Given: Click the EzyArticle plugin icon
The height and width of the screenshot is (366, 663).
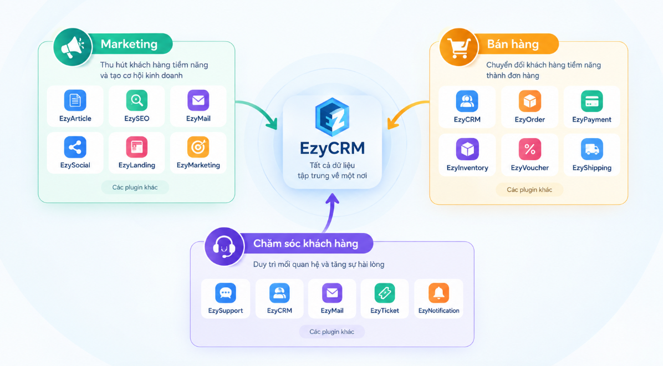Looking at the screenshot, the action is coord(75,100).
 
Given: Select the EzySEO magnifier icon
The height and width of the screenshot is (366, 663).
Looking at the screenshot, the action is coord(136,100).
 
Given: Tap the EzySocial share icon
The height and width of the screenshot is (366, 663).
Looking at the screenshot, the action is coord(75,147).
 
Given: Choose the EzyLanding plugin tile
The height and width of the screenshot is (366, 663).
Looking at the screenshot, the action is coord(136,152).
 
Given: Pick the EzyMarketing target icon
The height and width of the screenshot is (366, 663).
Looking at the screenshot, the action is coord(198,147).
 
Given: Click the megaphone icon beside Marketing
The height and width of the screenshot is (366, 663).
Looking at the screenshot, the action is coord(73,47).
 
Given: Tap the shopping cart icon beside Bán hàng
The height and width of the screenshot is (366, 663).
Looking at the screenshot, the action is coord(459,47).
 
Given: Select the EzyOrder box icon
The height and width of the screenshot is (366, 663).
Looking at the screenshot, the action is coord(530,101).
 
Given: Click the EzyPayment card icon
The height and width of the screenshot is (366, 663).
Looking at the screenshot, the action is coord(591,101).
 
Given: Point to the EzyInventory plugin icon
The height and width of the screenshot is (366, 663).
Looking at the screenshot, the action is coord(467,149).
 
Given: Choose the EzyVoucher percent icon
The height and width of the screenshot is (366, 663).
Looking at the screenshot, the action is coord(530,149).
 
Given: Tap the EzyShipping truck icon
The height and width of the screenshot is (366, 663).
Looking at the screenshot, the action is coord(591,149).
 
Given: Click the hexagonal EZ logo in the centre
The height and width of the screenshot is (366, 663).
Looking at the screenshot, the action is coord(333,117).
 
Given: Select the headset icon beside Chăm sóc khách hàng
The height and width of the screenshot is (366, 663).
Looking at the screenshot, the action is coord(224,246).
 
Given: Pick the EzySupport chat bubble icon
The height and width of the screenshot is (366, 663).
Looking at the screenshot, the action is coord(226,293).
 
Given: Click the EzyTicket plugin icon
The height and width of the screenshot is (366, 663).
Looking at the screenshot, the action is coord(384,293).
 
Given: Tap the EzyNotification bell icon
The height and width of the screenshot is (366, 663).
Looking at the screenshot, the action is coord(438,293).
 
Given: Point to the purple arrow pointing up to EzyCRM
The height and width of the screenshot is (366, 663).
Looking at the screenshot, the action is coord(330,213).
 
